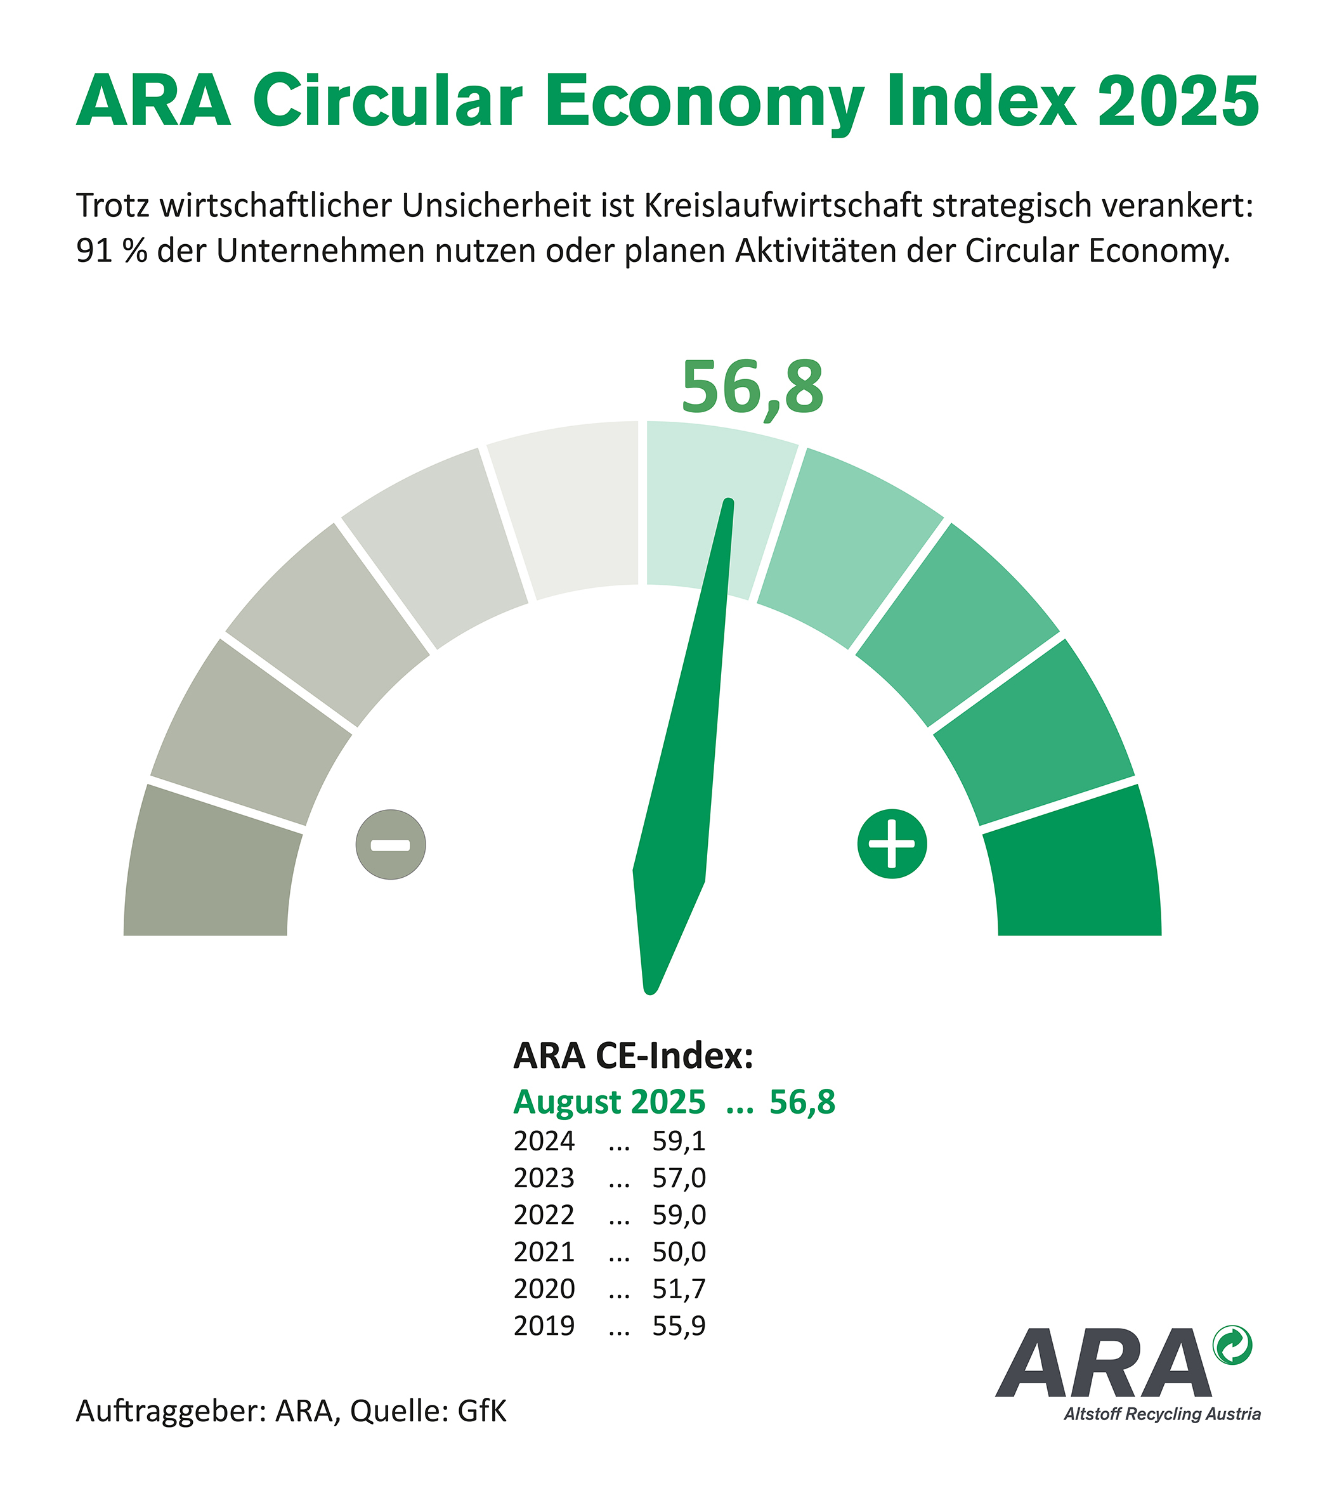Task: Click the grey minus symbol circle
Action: [391, 845]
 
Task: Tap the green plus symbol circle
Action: [892, 844]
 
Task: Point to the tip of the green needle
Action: [729, 504]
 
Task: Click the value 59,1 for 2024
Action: [679, 1141]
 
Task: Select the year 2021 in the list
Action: [544, 1251]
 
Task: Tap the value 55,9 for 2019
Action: [679, 1325]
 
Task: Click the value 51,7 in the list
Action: [679, 1289]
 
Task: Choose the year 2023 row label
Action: [544, 1178]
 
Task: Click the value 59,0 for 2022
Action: [679, 1215]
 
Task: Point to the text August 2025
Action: [609, 1102]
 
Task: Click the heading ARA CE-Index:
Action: [633, 1056]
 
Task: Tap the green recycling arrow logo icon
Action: [1233, 1345]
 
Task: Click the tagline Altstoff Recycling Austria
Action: [1162, 1414]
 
